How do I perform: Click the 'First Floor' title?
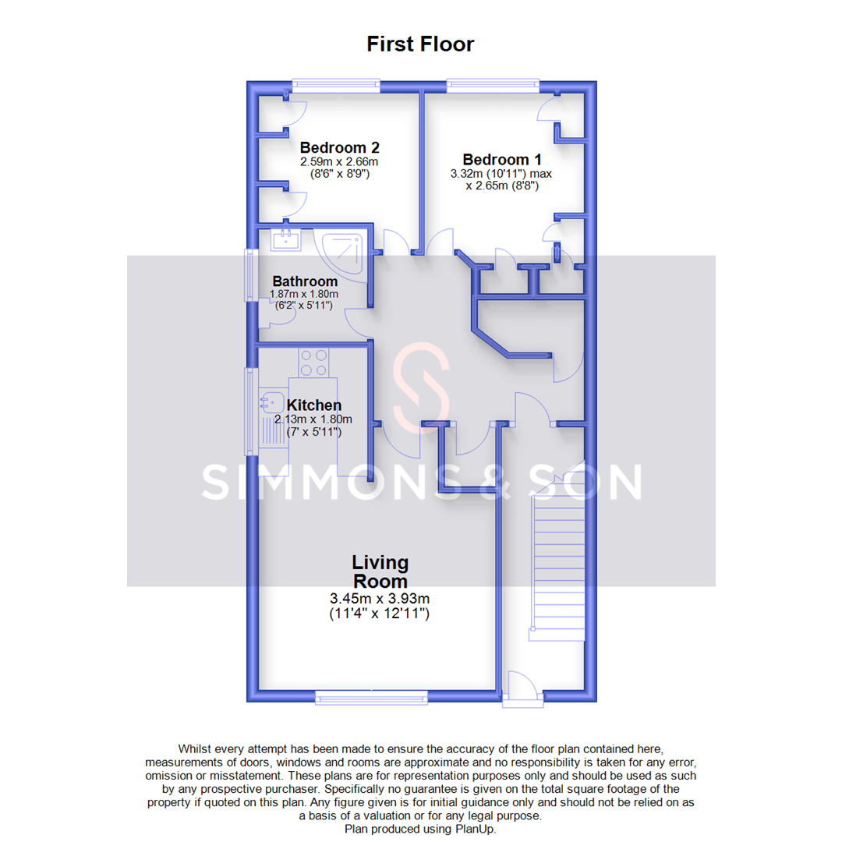pos(420,44)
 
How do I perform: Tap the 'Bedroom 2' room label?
pos(340,147)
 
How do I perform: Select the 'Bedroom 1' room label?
pos(502,158)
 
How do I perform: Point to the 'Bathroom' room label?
pos(305,281)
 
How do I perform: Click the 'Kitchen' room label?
pos(314,405)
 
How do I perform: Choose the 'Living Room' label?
pos(380,571)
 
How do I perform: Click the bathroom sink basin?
pos(286,238)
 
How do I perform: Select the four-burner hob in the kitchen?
pos(313,362)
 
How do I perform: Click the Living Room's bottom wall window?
pos(372,697)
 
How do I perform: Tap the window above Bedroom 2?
pos(336,84)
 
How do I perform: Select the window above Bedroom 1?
pos(493,84)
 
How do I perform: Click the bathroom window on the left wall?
pos(251,274)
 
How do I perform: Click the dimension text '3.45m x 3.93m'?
pos(380,600)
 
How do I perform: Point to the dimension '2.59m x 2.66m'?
pos(339,162)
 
